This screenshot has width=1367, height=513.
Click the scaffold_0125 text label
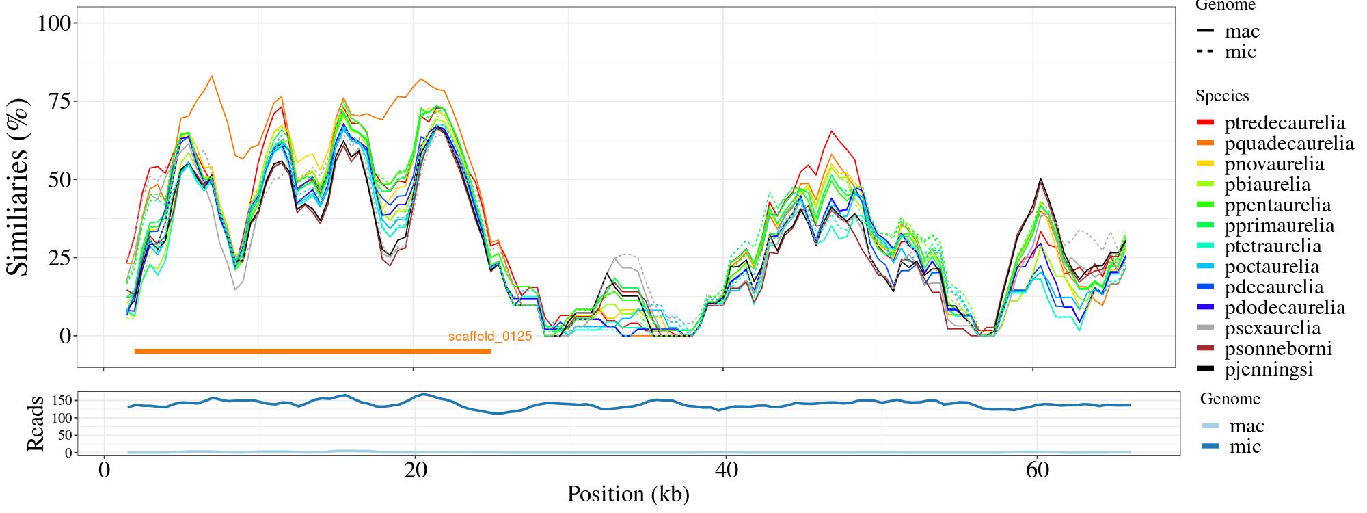(x=489, y=337)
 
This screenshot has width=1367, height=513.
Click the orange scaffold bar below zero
(x=312, y=352)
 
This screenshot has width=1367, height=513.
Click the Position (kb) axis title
(x=627, y=494)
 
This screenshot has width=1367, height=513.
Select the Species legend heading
(x=1222, y=96)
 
